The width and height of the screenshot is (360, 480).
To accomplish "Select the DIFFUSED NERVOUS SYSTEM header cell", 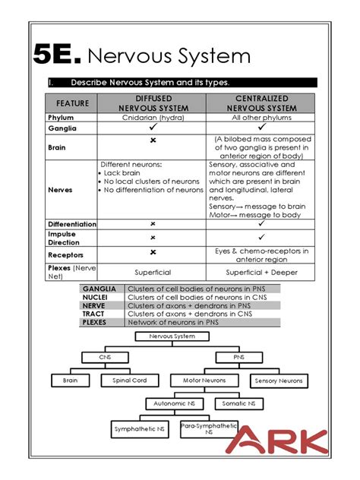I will (153, 104).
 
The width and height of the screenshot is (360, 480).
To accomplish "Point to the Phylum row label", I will (61, 118).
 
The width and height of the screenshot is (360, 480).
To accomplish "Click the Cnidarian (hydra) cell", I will (153, 118).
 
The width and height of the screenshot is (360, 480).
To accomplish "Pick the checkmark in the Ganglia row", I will (153, 129).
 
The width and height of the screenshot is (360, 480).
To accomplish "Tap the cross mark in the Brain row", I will (153, 141).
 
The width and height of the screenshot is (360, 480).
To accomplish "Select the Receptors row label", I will (65, 255).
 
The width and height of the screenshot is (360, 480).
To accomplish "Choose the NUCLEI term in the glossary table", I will (99, 298).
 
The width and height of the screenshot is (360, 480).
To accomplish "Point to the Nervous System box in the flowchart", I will (172, 336).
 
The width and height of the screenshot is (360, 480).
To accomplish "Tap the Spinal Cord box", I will (129, 381).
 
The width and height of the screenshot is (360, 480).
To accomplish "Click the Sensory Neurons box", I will (278, 381).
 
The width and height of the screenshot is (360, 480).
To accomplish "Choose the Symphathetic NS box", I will (139, 430).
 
